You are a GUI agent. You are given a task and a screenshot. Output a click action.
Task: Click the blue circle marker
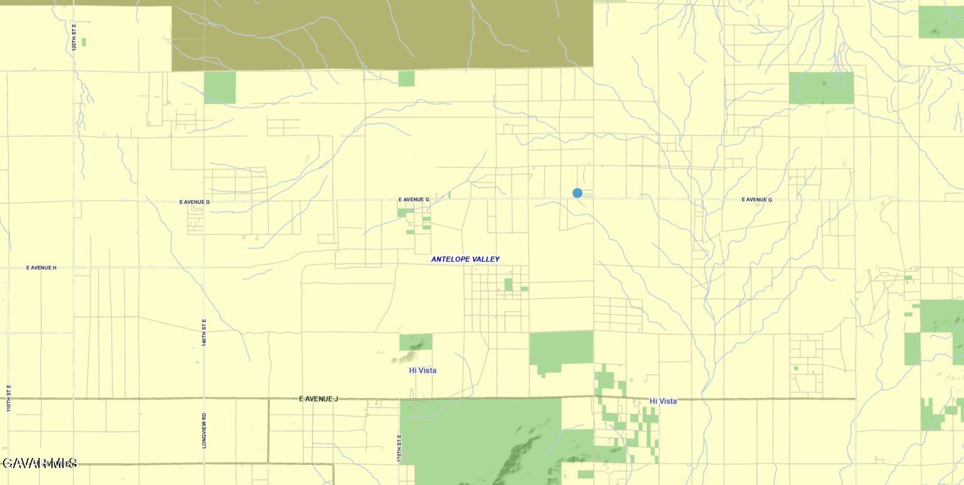577,193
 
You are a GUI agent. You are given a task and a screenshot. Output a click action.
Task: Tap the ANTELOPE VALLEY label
465,259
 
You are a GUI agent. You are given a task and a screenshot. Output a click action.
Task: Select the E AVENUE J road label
319,399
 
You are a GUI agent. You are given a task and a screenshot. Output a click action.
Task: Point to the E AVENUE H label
41,268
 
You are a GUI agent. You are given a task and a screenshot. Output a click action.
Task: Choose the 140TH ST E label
205,332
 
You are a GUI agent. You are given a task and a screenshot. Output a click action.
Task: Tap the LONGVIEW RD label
205,430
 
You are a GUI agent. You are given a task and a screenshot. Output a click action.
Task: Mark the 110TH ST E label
9,398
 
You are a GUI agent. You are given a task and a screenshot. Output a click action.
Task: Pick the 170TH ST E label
399,449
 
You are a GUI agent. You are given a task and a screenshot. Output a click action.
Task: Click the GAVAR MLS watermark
40,464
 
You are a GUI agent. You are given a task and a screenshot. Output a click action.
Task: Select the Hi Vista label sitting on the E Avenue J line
663,401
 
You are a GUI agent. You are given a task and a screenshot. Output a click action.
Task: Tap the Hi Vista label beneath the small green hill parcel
422,371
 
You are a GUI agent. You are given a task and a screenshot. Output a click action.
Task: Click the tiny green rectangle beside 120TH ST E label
83,42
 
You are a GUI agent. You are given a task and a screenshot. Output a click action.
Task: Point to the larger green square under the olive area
220,87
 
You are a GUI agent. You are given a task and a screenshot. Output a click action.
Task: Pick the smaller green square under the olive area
406,78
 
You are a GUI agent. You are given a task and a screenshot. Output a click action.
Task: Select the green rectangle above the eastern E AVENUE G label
821,88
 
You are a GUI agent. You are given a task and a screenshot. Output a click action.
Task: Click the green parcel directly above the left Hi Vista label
415,342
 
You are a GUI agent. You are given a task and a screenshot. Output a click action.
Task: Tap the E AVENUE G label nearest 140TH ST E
195,202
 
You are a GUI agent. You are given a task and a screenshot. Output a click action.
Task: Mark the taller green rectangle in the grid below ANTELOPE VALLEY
508,285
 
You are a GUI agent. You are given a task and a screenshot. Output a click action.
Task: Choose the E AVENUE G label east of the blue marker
757,200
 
